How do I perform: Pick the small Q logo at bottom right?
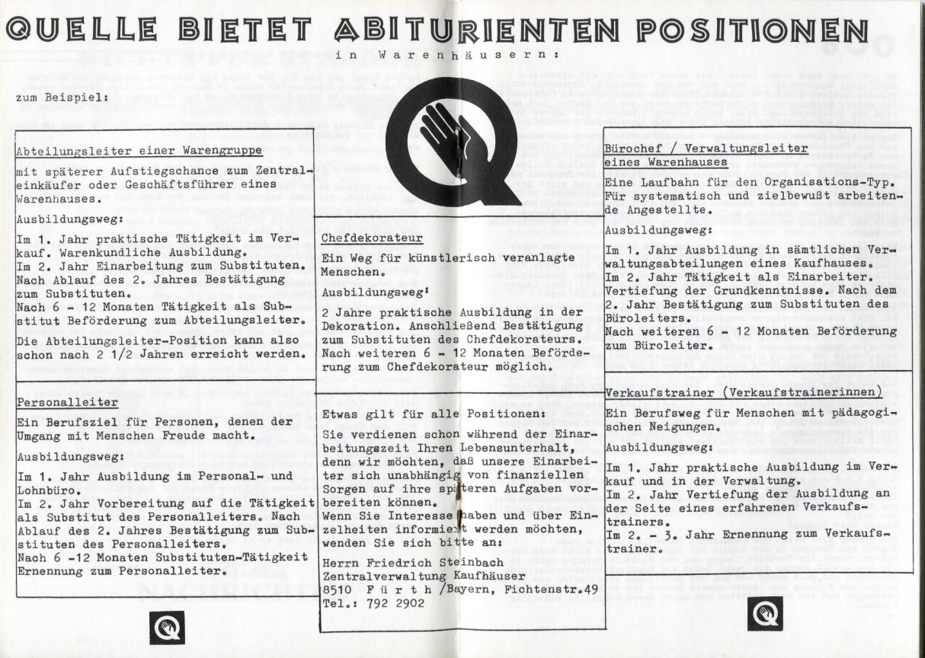click(764, 613)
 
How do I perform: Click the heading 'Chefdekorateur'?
click(361, 238)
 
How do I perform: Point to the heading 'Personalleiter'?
click(67, 401)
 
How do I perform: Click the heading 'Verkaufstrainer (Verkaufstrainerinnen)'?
click(744, 392)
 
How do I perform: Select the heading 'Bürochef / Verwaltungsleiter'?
click(705, 149)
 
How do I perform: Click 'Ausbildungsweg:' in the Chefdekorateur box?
click(366, 292)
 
